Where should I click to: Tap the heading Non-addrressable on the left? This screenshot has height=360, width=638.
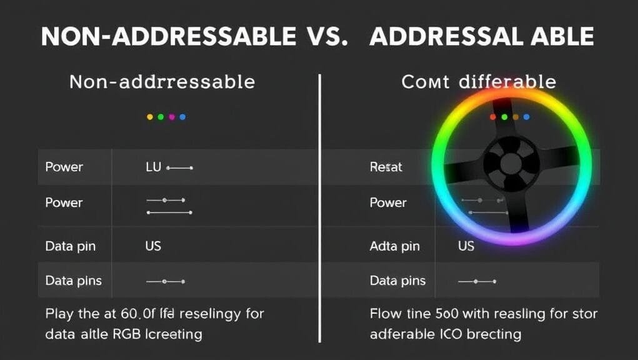point(162,82)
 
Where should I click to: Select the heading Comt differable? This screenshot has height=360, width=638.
point(478,82)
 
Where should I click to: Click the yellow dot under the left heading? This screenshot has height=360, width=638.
point(149,117)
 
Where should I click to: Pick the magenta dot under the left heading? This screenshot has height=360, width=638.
point(171,117)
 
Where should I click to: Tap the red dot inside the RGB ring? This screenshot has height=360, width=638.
point(493,117)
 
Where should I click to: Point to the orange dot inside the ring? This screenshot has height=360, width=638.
point(516,117)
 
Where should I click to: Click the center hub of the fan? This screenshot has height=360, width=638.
point(511,164)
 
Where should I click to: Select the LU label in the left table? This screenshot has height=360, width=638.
point(153,167)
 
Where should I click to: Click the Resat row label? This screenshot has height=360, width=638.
point(386,167)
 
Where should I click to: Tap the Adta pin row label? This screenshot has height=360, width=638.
point(394,246)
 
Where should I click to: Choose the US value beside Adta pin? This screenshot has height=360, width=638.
point(466,246)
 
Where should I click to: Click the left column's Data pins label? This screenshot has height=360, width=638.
point(74,281)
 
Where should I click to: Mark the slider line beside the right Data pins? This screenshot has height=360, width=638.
point(476,282)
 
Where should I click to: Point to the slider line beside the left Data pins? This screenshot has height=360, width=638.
point(165,282)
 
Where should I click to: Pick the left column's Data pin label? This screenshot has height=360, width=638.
point(70,246)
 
